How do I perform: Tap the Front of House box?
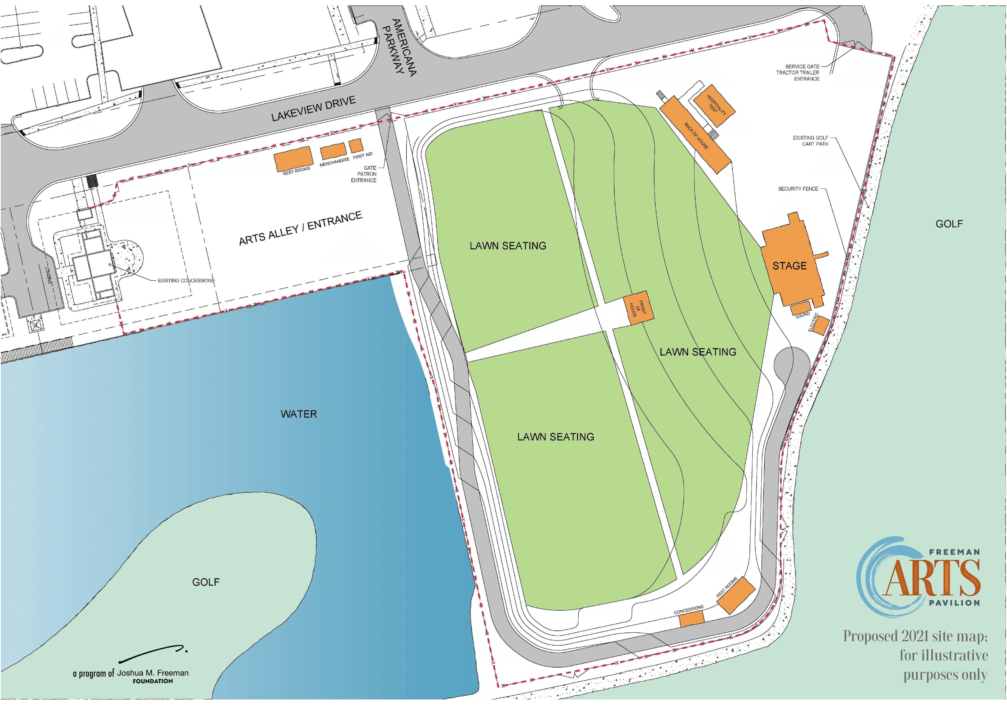coord(638,308)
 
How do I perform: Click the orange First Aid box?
coord(356,145)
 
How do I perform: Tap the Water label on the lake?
coord(299,414)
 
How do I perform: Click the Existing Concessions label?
coord(186,280)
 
